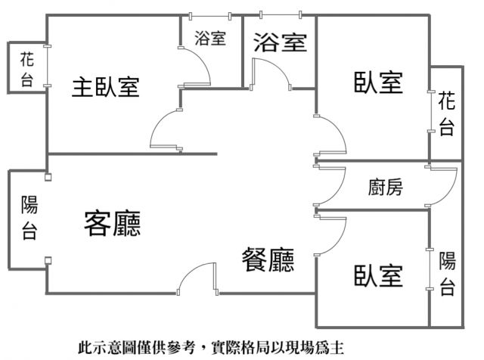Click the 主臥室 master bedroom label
point(106,87)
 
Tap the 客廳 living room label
point(113,224)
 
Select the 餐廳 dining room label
point(268,260)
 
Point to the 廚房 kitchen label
point(386,187)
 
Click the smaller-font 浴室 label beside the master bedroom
point(210,39)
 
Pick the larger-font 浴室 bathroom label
point(281,42)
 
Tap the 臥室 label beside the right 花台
point(378,82)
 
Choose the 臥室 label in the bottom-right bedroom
point(378,275)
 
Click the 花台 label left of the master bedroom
point(27,69)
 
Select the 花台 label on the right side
point(447,113)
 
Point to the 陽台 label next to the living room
point(29,217)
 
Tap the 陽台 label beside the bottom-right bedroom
point(447,274)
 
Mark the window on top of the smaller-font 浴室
point(210,16)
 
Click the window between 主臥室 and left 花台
point(47,66)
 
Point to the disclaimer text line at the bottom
point(211,348)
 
